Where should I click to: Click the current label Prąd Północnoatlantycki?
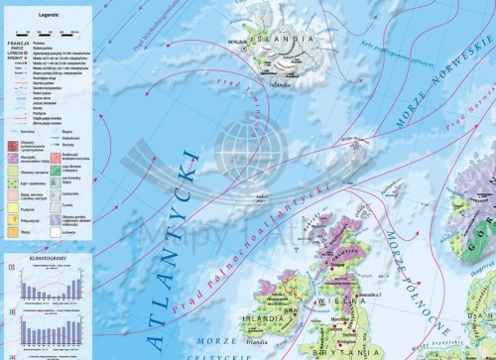(x=282, y=231)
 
